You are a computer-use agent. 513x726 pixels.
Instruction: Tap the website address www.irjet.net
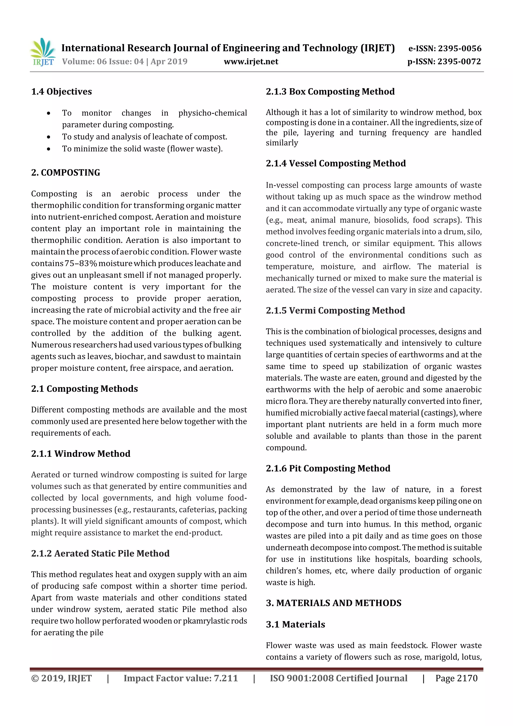[x=251, y=61]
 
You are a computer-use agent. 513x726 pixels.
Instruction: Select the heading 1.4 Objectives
[x=61, y=92]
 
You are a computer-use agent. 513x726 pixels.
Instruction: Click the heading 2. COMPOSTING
[x=65, y=173]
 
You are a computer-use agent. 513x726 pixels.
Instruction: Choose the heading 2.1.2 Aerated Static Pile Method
[x=100, y=553]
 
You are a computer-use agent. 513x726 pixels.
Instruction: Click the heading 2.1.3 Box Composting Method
[x=330, y=92]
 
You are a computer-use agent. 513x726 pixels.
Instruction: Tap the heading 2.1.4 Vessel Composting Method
[x=336, y=163]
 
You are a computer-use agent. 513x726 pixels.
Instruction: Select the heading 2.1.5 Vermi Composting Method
[x=335, y=310]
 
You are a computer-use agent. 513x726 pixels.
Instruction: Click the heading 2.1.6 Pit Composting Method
[x=328, y=468]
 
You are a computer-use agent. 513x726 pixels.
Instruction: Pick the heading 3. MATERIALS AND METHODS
[x=333, y=603]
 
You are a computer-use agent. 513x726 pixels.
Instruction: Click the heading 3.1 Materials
[x=295, y=625]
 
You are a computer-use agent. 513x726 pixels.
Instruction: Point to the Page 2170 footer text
[x=456, y=678]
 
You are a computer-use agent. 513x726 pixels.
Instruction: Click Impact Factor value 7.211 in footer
[x=181, y=678]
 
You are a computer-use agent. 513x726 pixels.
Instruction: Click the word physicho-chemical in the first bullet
[x=212, y=113]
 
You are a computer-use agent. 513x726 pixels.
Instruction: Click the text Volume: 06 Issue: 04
[x=103, y=61]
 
